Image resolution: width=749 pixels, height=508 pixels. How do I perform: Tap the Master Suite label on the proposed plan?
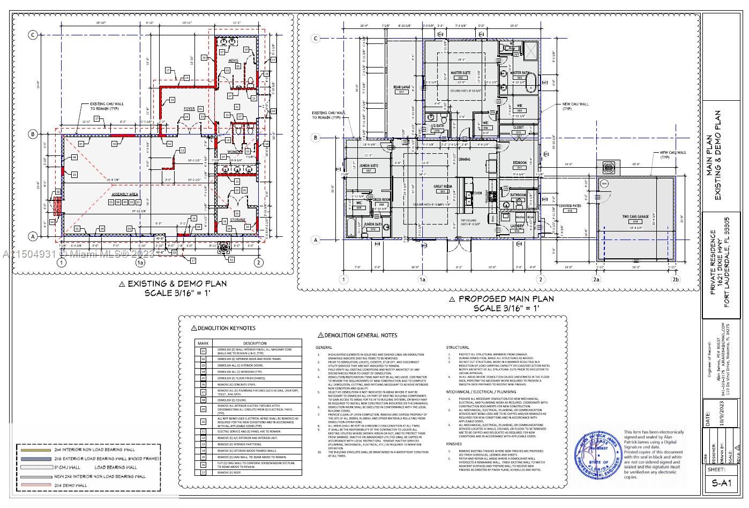460,73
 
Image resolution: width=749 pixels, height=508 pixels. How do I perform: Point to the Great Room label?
443,187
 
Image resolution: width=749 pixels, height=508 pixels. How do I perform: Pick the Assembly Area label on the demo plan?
125,193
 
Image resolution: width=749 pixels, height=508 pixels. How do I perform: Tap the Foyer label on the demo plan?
189,109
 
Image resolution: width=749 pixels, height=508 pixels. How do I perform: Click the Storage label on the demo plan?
237,220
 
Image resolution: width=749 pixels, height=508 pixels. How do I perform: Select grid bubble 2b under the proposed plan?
676,279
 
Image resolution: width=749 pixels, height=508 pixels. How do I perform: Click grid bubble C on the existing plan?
33,35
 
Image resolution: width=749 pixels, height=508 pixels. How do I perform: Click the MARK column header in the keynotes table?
204,343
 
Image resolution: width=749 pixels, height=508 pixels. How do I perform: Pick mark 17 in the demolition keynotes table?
204,472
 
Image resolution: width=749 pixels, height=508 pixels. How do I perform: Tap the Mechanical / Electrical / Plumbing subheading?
474,392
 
